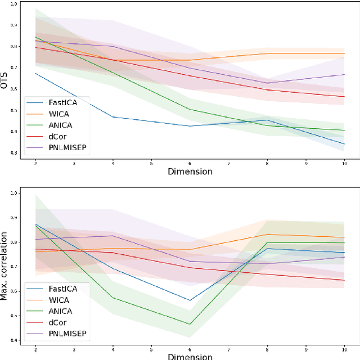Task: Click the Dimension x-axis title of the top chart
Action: point(190,171)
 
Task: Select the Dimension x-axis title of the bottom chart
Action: point(190,356)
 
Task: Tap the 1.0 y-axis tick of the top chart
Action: point(13,4)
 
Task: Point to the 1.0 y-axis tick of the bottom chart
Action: point(13,193)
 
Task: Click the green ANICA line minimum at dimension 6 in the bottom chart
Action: point(190,324)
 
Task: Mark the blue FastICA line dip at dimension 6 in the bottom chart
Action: point(190,300)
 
